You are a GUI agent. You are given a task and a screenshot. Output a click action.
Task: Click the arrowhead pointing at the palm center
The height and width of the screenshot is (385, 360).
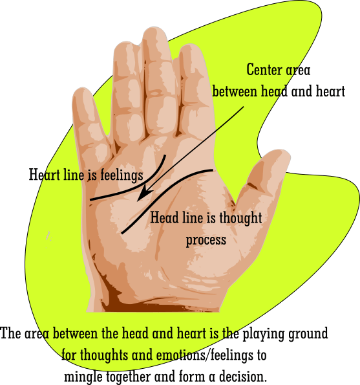pyautogui.click(x=143, y=194)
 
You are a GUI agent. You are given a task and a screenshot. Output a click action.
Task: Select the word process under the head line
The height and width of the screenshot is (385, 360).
pyautogui.click(x=206, y=240)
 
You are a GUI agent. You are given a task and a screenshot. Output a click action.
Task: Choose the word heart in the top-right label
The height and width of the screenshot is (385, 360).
pyautogui.click(x=330, y=91)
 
